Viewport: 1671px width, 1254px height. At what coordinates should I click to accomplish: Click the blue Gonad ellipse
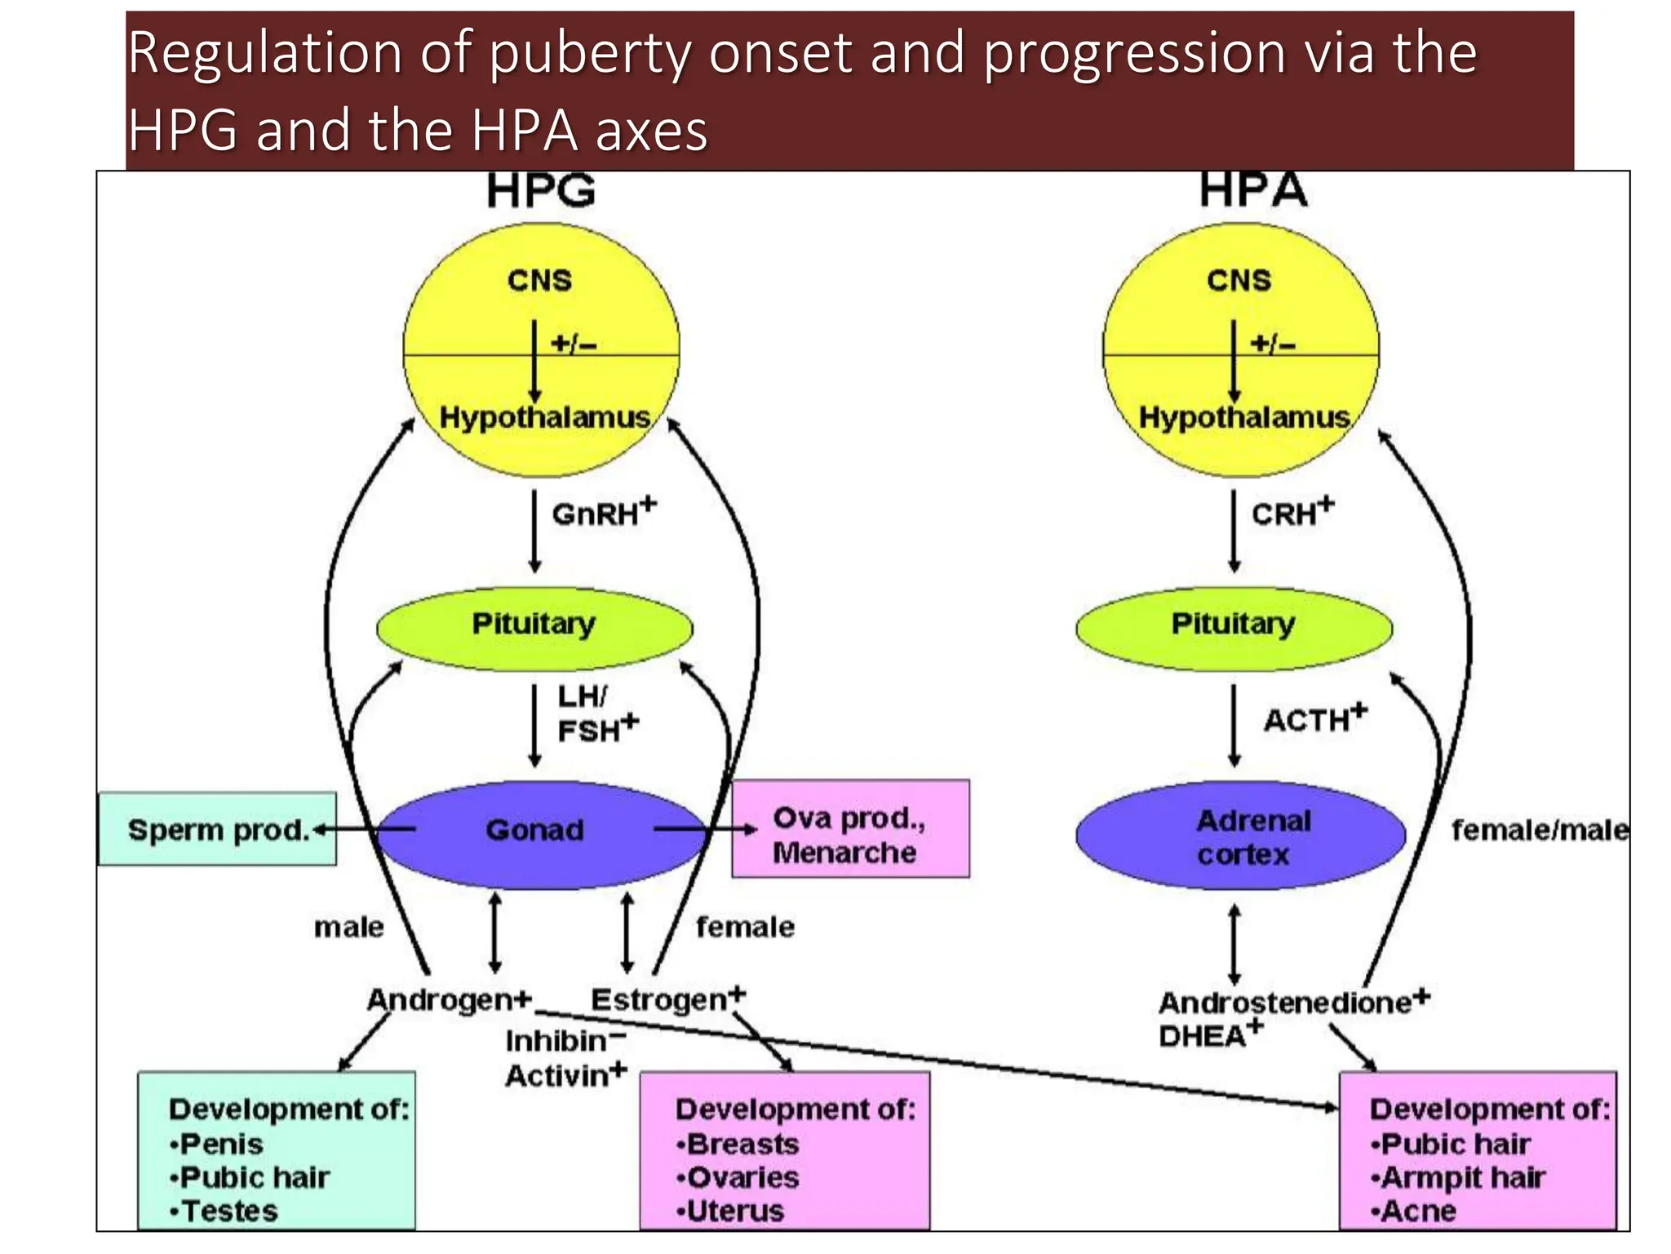(534, 831)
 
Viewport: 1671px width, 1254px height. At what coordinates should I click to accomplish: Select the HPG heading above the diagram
(541, 191)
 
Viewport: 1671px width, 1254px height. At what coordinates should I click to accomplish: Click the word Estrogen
(659, 1000)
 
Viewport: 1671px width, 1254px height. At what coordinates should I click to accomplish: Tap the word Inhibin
(556, 1042)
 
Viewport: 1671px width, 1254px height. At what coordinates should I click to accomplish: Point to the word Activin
(558, 1076)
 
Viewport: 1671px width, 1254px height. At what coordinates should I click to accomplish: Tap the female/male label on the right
(1539, 830)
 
